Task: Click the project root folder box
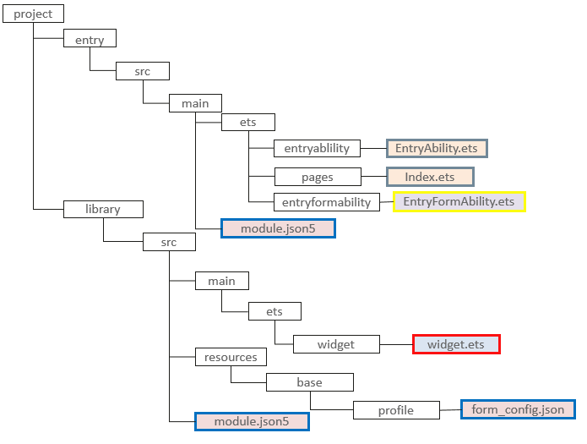(x=33, y=14)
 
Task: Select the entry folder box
(x=90, y=39)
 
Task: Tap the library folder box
(x=103, y=209)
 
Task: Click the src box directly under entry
(x=143, y=71)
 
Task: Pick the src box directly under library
(x=169, y=242)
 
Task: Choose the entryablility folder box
(x=318, y=148)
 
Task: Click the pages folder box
(x=318, y=177)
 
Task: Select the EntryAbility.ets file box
(x=437, y=148)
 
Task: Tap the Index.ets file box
(x=430, y=177)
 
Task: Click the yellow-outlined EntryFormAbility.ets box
(x=459, y=201)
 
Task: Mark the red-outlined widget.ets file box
(x=456, y=344)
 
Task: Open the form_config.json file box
(x=518, y=409)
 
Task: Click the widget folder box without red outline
(x=336, y=344)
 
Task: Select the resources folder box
(x=231, y=357)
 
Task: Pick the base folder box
(x=309, y=382)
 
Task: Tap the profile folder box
(x=396, y=410)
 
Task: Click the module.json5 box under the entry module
(x=278, y=228)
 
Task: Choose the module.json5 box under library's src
(x=252, y=421)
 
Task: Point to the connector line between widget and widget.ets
(x=396, y=344)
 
